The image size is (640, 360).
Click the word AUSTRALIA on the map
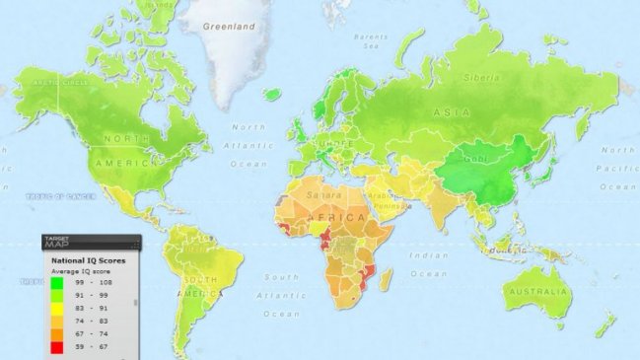(x=534, y=293)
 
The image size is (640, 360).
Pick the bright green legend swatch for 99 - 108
(x=57, y=282)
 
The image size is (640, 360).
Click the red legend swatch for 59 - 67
(x=57, y=346)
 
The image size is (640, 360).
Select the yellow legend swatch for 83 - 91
(x=57, y=308)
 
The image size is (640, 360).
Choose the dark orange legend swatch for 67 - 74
(x=57, y=333)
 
